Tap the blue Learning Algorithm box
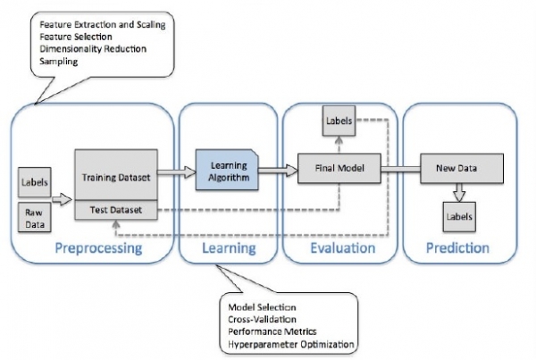(x=226, y=167)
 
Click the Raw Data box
(x=32, y=217)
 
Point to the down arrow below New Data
(x=458, y=191)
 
